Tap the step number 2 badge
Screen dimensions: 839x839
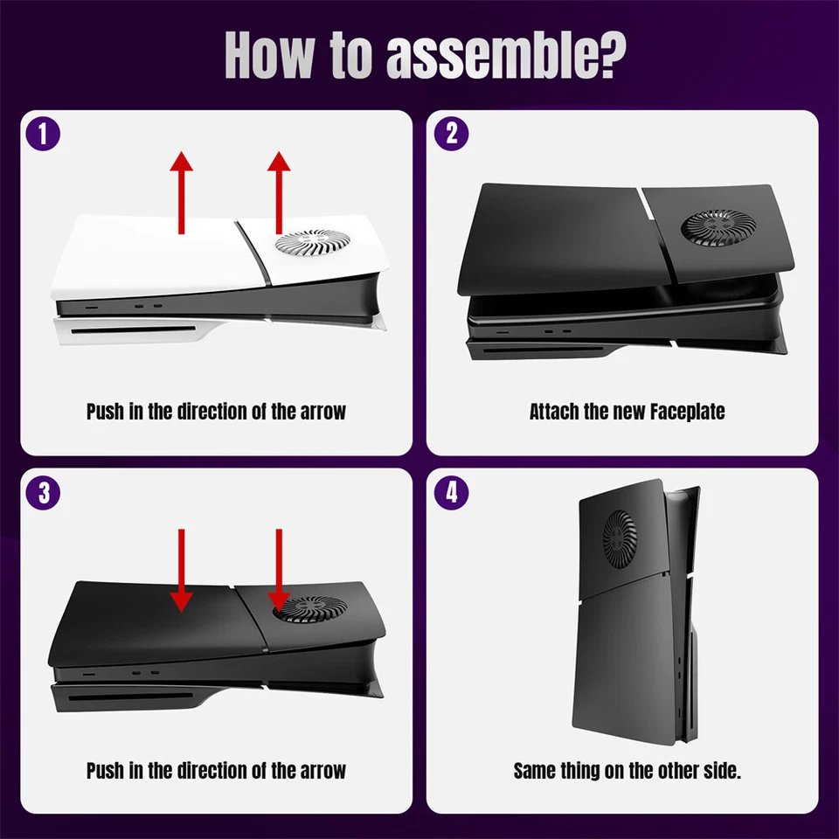451,135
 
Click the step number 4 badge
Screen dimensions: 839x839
451,493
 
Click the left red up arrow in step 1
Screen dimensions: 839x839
181,192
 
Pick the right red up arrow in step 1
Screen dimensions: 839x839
279,192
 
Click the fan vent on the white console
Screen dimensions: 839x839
306,245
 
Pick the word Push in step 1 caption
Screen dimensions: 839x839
105,411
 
